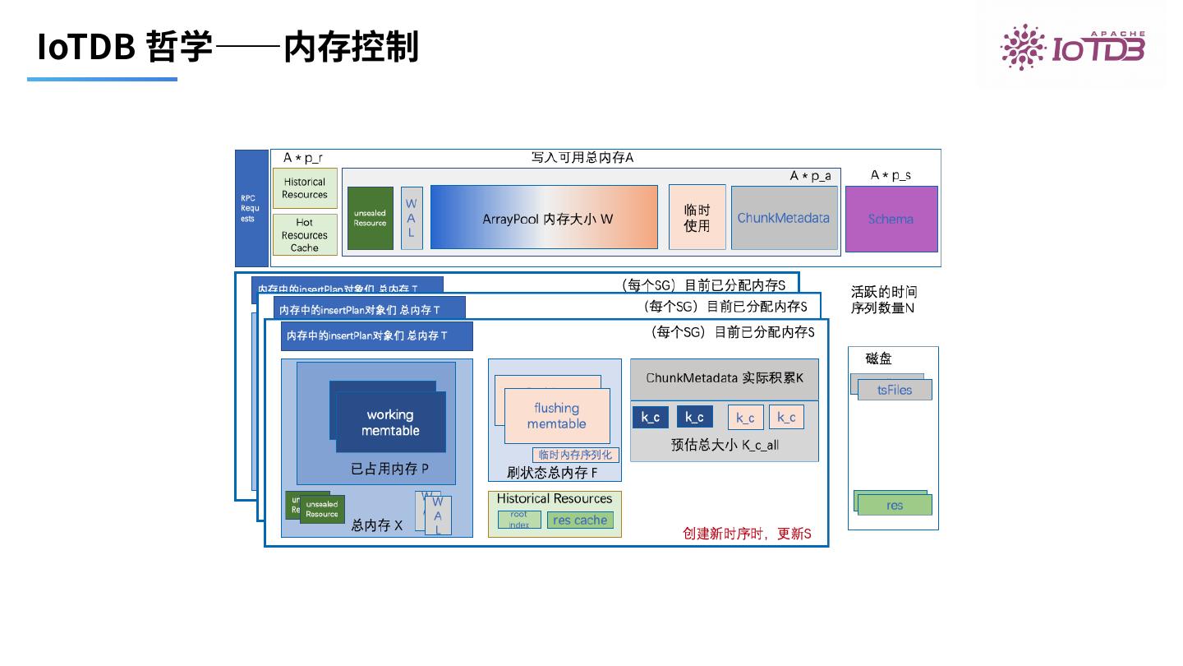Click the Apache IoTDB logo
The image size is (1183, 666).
pos(1072,46)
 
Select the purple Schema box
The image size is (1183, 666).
pos(891,219)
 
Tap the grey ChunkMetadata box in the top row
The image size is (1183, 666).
pos(784,218)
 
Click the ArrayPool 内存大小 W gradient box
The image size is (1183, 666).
pos(544,218)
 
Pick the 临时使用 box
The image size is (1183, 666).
pos(697,218)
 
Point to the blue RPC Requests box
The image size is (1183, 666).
pos(251,208)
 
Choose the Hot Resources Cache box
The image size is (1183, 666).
pos(305,234)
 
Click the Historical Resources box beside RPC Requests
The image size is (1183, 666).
pos(305,188)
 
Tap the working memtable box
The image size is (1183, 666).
pos(390,423)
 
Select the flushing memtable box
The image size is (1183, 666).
pos(556,416)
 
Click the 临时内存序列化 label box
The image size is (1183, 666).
pos(575,455)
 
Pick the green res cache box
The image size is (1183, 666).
pos(580,520)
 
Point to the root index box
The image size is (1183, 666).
pos(519,520)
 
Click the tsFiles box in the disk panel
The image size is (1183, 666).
pos(895,390)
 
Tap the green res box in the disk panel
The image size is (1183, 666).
pos(895,505)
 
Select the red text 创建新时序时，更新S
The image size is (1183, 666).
pos(747,534)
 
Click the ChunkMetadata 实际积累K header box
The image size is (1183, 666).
pos(724,378)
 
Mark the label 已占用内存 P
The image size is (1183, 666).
pos(390,469)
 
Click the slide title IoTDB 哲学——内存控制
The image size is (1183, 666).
pos(228,47)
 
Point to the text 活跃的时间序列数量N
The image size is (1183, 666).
pos(884,300)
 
